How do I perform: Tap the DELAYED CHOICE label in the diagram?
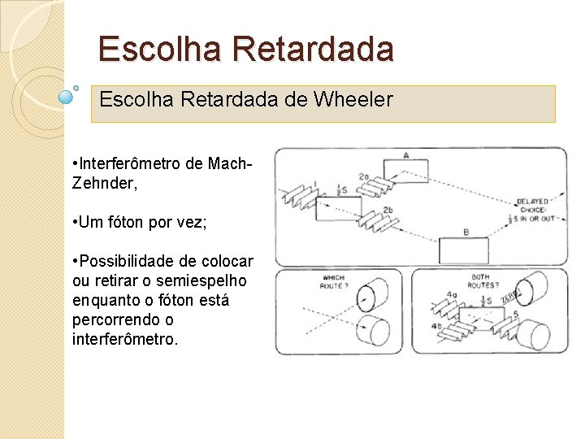tap(532, 206)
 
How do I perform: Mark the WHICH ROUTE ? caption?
tap(333, 282)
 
